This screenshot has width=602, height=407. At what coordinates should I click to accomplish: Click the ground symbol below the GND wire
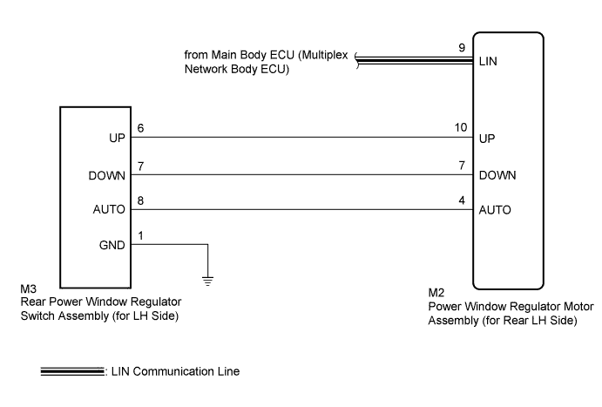coord(207,281)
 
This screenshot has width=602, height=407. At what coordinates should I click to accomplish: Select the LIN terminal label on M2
coord(488,61)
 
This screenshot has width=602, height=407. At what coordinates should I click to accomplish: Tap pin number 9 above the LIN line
coord(462,48)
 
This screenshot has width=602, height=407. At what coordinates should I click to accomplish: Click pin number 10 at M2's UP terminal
coord(461,127)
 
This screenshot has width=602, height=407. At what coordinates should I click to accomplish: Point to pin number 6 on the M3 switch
coord(140,128)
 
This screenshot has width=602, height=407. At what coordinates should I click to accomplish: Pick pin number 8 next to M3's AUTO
coord(140,200)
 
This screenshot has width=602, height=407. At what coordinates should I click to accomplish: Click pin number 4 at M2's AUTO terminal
coord(462,200)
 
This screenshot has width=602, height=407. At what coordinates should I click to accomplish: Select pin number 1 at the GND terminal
coord(140,236)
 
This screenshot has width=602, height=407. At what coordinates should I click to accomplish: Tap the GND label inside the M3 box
coord(112,245)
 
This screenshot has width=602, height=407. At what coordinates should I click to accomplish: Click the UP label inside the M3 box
coord(117,138)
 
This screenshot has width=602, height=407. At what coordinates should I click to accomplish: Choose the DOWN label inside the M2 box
coord(497,175)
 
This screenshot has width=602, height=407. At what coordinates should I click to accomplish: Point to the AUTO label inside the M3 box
coord(109,210)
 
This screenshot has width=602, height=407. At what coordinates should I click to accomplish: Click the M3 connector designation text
coord(29,288)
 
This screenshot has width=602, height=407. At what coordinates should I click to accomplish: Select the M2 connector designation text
coord(436,293)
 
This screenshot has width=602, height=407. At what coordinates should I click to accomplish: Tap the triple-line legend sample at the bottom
coord(72,371)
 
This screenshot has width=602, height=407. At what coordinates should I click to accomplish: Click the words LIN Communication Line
coord(175,371)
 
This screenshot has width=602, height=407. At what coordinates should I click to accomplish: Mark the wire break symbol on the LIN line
coord(357,61)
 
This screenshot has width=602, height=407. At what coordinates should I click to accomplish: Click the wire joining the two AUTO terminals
coord(301,210)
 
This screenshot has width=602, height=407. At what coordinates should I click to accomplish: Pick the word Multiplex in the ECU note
coord(323,55)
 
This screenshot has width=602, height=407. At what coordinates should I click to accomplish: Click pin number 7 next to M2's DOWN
coord(462,166)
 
